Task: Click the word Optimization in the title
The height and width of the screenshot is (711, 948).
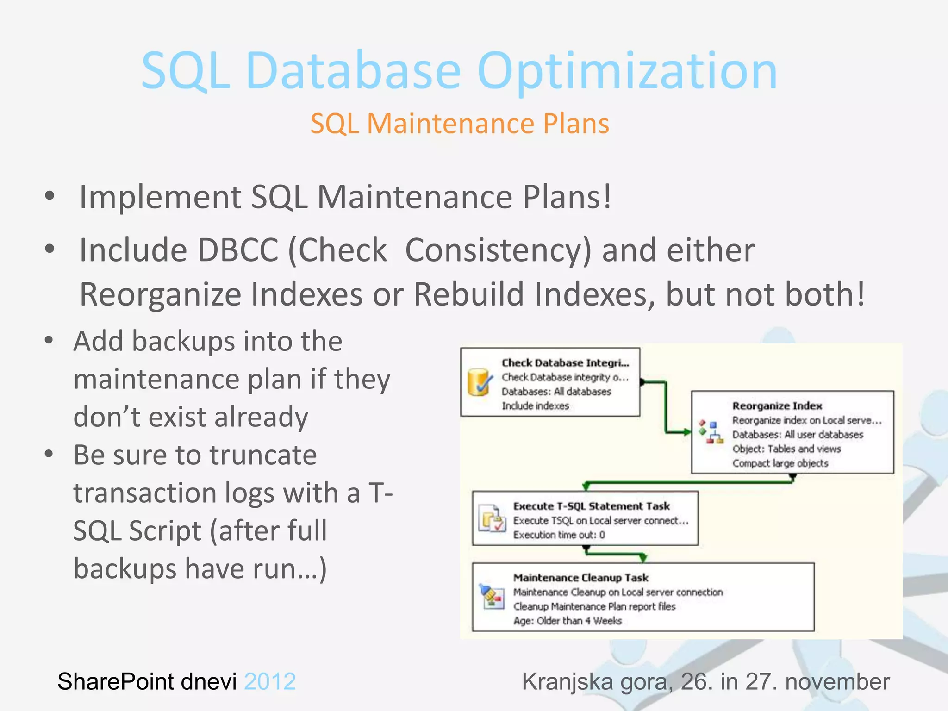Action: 627,72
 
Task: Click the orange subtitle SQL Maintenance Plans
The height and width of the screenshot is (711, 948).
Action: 459,124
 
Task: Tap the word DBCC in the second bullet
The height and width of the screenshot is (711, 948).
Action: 238,250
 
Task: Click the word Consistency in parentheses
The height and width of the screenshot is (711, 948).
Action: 497,250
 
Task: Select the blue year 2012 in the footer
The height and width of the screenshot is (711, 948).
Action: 270,681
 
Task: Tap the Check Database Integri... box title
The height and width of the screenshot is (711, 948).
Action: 565,363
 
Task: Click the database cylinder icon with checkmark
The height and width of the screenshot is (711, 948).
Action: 479,382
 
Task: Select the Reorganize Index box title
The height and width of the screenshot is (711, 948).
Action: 777,406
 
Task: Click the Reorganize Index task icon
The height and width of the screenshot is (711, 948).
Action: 711,432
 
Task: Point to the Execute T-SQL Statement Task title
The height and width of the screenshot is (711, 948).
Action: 591,506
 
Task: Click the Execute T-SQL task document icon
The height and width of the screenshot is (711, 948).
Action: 492,519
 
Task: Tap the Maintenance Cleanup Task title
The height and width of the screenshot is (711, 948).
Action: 580,578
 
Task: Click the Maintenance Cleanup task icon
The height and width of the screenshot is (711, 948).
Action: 492,596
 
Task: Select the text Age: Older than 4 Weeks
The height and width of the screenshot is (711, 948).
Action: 567,621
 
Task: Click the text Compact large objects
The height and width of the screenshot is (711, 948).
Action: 780,463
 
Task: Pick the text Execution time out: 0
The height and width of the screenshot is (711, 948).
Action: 559,535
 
